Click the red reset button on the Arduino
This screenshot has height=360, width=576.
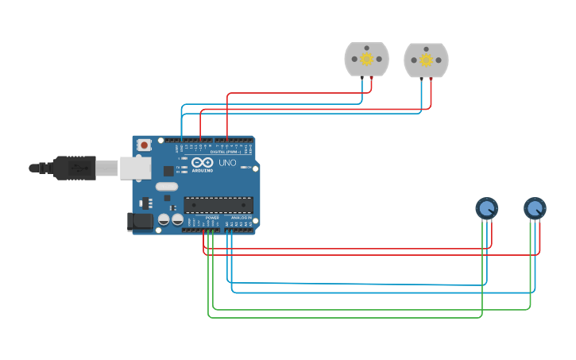pyautogui.click(x=144, y=145)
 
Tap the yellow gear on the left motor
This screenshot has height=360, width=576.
pyautogui.click(x=366, y=59)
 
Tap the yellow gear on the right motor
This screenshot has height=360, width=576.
pyautogui.click(x=426, y=60)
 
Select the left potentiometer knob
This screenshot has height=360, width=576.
pyautogui.click(x=487, y=208)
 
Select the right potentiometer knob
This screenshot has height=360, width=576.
pyautogui.click(x=535, y=208)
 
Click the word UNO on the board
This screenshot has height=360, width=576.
pyautogui.click(x=227, y=163)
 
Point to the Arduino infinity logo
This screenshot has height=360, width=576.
pyautogui.click(x=202, y=162)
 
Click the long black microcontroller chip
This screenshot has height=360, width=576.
pyautogui.click(x=218, y=204)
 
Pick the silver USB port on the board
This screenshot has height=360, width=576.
pyautogui.click(x=135, y=168)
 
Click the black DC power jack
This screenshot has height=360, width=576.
pyautogui.click(x=140, y=222)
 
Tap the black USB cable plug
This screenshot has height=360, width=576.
pyautogui.click(x=75, y=168)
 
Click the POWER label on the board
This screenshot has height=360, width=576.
pyautogui.click(x=212, y=217)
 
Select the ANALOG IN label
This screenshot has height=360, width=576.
pyautogui.click(x=241, y=217)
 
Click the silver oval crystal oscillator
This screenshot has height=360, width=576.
pyautogui.click(x=167, y=187)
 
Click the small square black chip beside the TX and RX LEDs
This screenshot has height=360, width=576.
pyautogui.click(x=168, y=170)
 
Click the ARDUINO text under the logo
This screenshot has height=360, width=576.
pyautogui.click(x=202, y=170)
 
